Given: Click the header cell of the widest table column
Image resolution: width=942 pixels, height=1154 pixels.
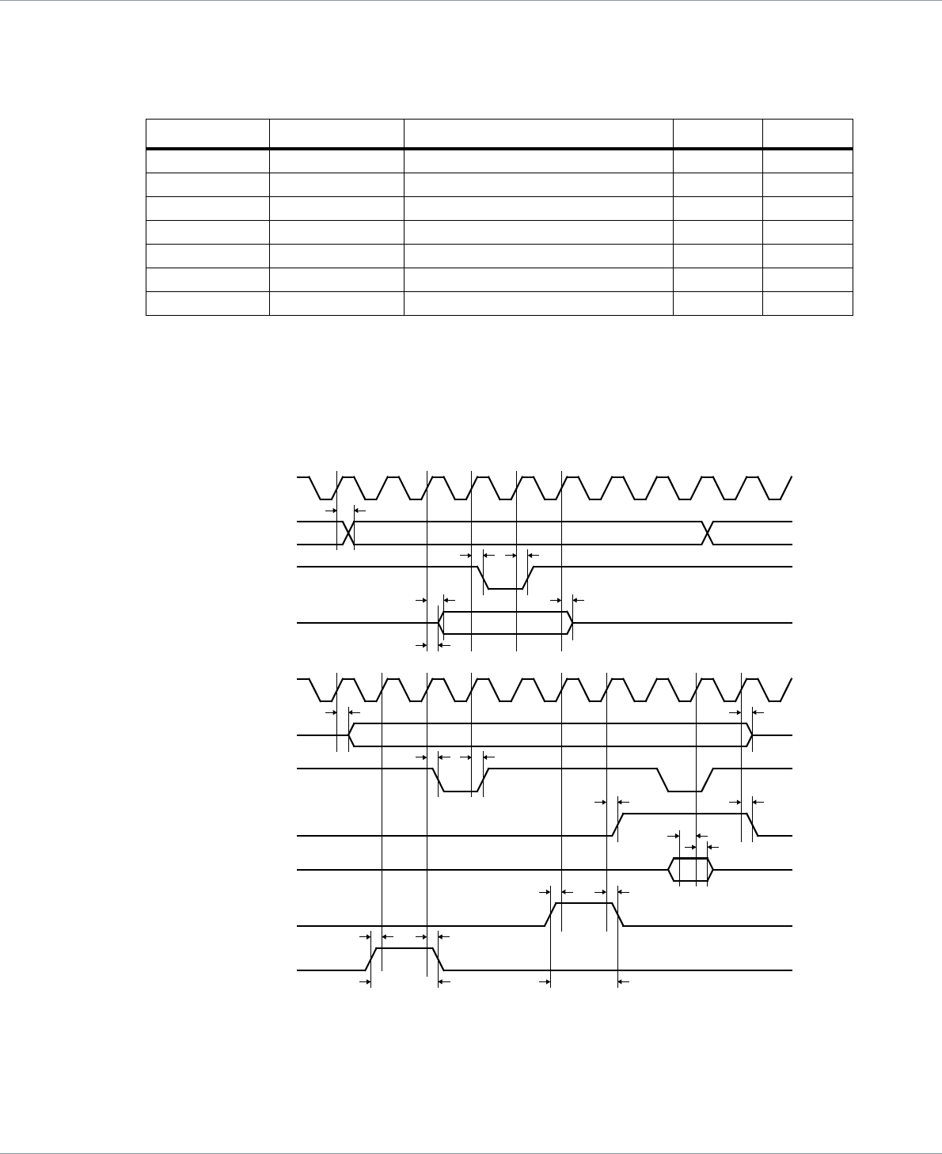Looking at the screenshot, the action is (x=538, y=133).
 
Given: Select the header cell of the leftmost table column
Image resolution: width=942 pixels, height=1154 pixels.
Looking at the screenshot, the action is (x=207, y=133).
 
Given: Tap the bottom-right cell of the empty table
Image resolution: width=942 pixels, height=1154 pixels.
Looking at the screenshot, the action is (x=807, y=304).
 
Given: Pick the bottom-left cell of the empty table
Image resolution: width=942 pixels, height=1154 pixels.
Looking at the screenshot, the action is (x=207, y=304).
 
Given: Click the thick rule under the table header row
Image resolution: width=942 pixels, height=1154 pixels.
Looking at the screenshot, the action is (x=499, y=148).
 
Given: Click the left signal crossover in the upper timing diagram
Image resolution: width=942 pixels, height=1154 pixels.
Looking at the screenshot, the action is (x=347, y=533).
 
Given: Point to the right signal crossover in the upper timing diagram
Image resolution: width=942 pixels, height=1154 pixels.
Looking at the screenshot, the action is (x=708, y=533).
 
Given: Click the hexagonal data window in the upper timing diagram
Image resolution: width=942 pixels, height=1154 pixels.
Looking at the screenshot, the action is (x=506, y=623).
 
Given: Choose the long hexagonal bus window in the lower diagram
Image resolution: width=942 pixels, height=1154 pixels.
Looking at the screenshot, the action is (x=550, y=735).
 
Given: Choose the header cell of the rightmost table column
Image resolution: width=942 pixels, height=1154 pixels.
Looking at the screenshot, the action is (x=807, y=133).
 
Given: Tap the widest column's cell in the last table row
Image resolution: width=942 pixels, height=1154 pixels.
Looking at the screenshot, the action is (x=538, y=304).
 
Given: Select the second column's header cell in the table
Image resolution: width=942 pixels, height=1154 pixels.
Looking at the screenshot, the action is (x=336, y=133).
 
